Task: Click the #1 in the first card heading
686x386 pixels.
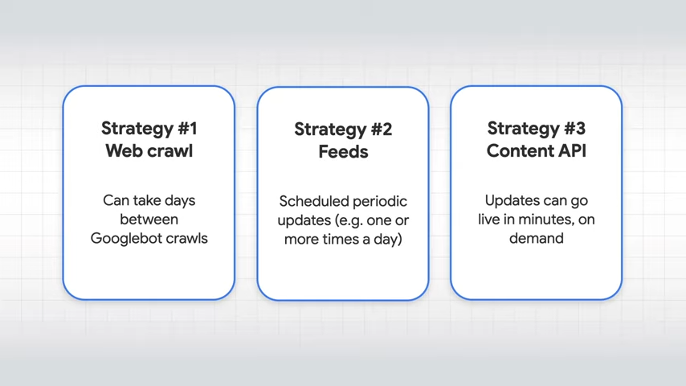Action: pyautogui.click(x=187, y=129)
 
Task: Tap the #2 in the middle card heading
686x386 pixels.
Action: pyautogui.click(x=382, y=129)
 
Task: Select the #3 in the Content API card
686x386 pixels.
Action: pyautogui.click(x=575, y=129)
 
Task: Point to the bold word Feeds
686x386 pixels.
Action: pyautogui.click(x=344, y=152)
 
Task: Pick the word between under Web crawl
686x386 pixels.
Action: pyautogui.click(x=149, y=219)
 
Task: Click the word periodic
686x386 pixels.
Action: pyautogui.click(x=380, y=202)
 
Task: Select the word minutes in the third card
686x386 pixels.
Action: pyautogui.click(x=545, y=219)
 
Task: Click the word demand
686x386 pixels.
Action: pyautogui.click(x=537, y=238)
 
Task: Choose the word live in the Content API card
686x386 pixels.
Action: pyautogui.click(x=488, y=219)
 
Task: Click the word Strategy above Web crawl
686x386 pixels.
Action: pyautogui.click(x=137, y=129)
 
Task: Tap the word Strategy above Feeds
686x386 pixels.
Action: pyautogui.click(x=331, y=129)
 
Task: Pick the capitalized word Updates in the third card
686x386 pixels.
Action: pyautogui.click(x=512, y=201)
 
